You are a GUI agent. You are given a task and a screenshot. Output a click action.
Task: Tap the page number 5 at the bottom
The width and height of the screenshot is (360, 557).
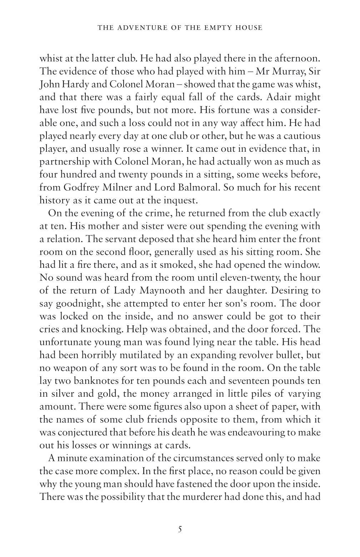click(x=180, y=528)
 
